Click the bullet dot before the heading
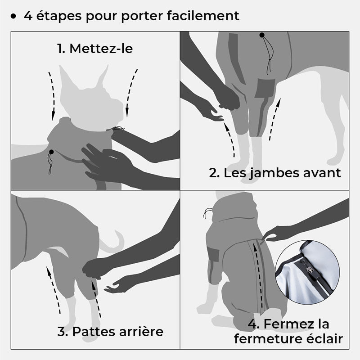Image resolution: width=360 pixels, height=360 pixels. point(13,17)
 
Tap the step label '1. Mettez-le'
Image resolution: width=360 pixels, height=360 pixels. point(95,49)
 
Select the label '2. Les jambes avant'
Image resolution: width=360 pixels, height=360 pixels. point(275,172)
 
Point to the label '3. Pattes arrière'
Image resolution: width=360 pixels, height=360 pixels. point(110,332)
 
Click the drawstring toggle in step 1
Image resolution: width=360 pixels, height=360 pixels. point(52,153)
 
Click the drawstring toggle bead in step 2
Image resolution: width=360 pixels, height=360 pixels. point(261,35)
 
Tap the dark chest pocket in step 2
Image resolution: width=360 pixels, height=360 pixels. point(265,88)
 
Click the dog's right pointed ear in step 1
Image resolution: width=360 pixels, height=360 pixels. point(103,76)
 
